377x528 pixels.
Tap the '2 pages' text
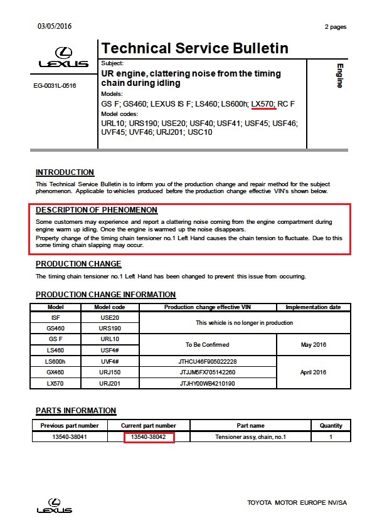[335, 27]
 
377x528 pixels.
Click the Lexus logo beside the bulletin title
[63, 58]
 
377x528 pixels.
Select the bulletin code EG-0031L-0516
[55, 85]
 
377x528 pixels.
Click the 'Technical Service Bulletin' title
[194, 49]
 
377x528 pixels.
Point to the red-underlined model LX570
[263, 103]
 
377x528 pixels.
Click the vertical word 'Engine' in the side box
[339, 75]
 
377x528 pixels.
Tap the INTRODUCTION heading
[65, 172]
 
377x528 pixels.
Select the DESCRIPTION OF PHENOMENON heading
[97, 210]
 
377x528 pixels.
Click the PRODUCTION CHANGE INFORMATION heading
[105, 295]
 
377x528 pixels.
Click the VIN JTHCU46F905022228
[208, 362]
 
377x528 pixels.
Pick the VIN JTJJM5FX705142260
[208, 372]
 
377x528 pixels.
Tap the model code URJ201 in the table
[110, 383]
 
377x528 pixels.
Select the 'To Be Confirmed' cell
[208, 344]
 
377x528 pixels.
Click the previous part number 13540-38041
[69, 436]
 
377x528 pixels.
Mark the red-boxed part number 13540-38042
[149, 436]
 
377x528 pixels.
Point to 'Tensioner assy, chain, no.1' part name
[250, 436]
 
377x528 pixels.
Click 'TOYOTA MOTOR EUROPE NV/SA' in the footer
[297, 503]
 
